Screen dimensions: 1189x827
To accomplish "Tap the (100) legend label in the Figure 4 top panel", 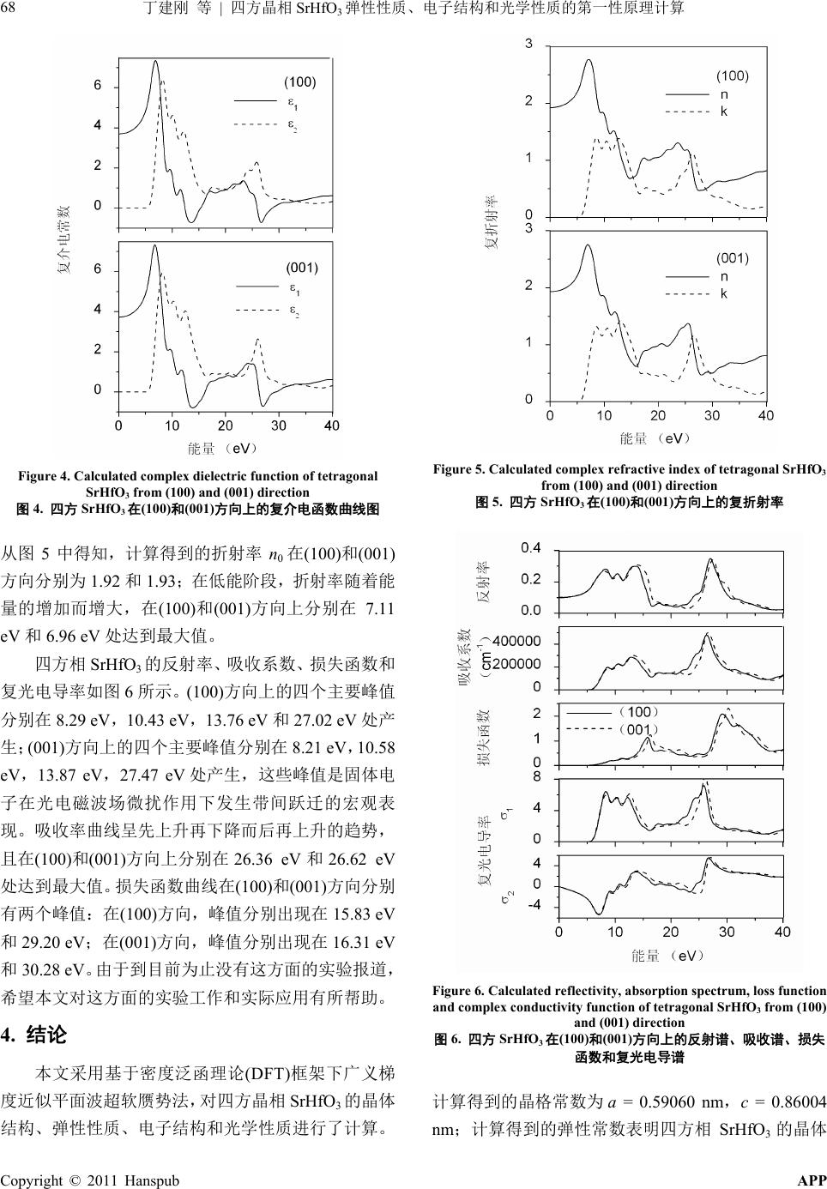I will click(x=300, y=82).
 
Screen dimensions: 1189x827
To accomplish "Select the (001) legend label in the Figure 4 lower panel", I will click(x=302, y=268).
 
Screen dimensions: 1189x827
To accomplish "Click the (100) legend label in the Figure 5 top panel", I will click(x=733, y=75).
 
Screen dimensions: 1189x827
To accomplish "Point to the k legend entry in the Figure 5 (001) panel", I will click(x=724, y=293).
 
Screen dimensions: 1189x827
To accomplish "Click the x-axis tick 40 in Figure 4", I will click(x=331, y=426).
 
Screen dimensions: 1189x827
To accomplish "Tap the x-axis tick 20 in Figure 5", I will click(x=658, y=416).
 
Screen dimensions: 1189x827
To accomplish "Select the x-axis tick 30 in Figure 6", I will click(x=727, y=932).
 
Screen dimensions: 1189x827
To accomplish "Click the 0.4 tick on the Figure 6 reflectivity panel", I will click(x=532, y=548).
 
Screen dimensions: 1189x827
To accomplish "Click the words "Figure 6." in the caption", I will click(x=459, y=991).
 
